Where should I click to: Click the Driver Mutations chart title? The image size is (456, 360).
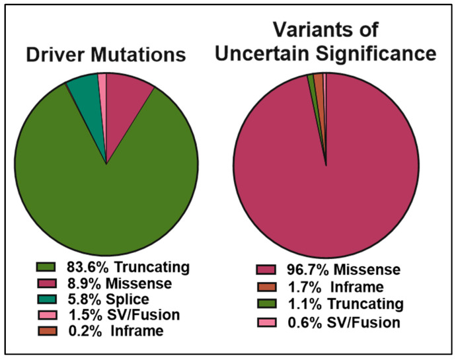pyautogui.click(x=106, y=54)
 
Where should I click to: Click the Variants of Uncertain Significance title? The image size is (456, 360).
pyautogui.click(x=326, y=42)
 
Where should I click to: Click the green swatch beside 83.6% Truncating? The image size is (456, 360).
pyautogui.click(x=46, y=267)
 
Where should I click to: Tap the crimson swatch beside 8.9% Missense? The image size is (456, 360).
pyautogui.click(x=46, y=283)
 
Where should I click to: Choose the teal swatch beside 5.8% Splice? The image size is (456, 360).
pyautogui.click(x=46, y=299)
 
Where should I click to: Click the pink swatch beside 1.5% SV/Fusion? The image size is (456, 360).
pyautogui.click(x=47, y=315)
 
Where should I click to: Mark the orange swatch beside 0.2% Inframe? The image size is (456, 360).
pyautogui.click(x=47, y=331)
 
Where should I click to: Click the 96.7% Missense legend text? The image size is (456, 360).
pyautogui.click(x=344, y=270)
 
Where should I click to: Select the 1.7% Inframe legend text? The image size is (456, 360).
pyautogui.click(x=336, y=287)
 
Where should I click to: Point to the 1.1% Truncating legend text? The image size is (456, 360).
pyautogui.click(x=346, y=305)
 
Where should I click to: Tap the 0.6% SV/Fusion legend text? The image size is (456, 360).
pyautogui.click(x=344, y=322)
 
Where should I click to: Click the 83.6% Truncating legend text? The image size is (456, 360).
pyautogui.click(x=128, y=267)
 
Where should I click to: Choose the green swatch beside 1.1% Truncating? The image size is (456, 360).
pyautogui.click(x=266, y=304)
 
